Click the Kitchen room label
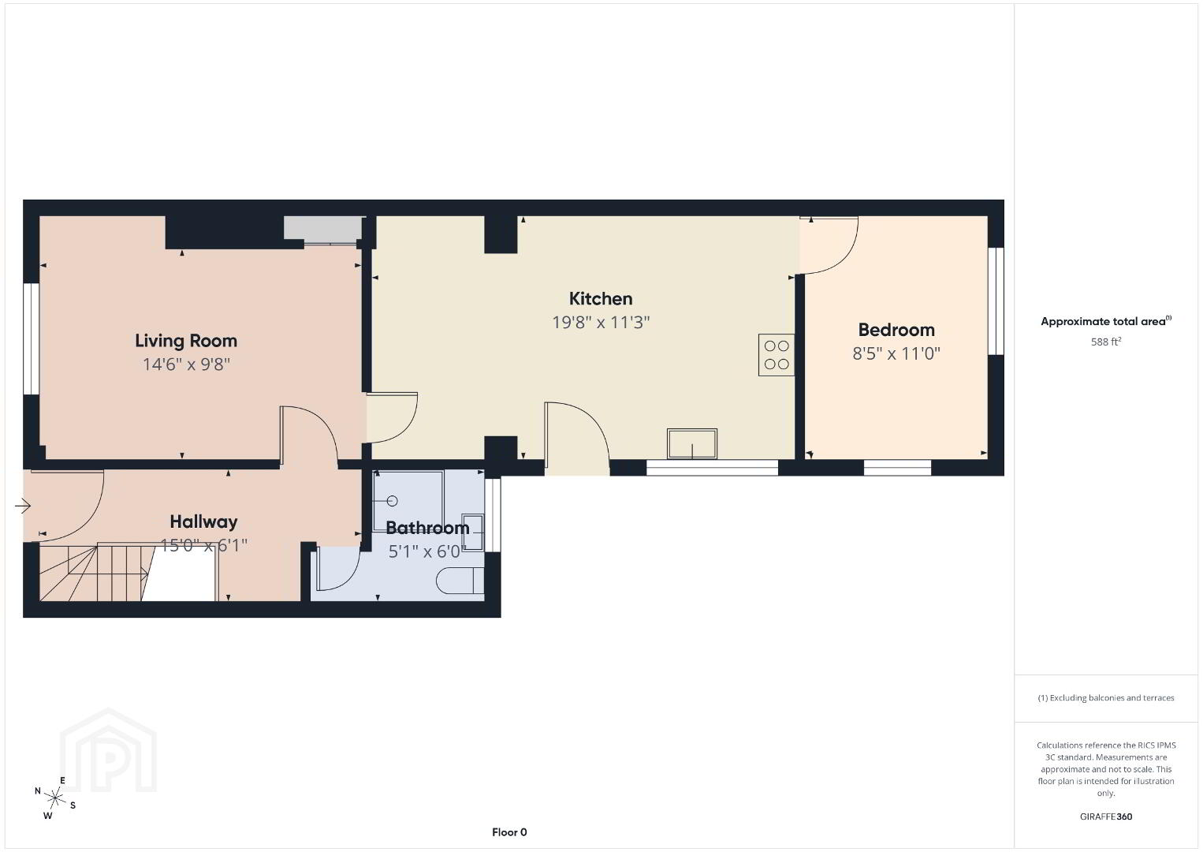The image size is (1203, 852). click(x=601, y=299)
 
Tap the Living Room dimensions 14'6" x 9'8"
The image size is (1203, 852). click(x=186, y=364)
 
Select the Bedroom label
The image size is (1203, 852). click(x=896, y=330)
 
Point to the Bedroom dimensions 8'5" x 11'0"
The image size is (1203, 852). click(x=896, y=353)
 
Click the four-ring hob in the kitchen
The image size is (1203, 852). click(x=776, y=355)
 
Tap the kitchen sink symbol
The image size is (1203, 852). click(x=691, y=443)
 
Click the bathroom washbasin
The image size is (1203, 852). click(x=473, y=532)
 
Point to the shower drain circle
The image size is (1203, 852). click(x=392, y=501)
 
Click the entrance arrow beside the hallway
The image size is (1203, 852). click(x=23, y=506)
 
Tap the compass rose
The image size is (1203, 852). click(x=54, y=798)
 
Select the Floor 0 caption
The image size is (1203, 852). click(x=509, y=832)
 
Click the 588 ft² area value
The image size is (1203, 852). click(x=1106, y=342)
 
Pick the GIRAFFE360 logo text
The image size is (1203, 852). click(x=1106, y=816)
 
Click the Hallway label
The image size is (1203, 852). click(x=203, y=522)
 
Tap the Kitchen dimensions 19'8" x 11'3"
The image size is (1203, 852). click(x=601, y=323)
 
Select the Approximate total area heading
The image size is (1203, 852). click(x=1106, y=321)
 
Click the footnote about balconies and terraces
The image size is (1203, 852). click(x=1106, y=697)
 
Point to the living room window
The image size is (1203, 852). click(x=32, y=338)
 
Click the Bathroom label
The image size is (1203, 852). click(x=427, y=528)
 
